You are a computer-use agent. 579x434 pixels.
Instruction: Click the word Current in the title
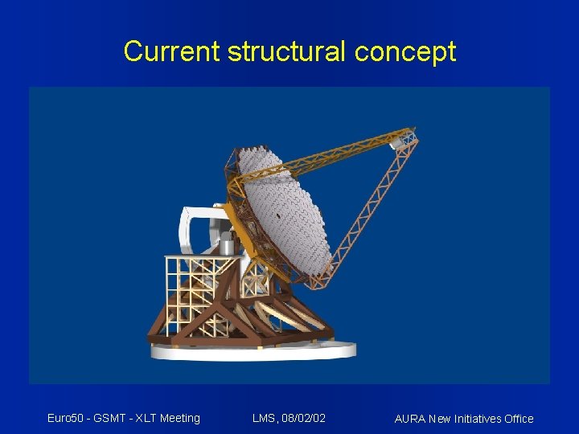pos(172,51)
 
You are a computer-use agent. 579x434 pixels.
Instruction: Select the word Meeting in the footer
pos(180,418)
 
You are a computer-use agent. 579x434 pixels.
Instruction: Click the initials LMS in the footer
pos(264,418)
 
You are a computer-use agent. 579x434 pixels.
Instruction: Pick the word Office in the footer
pos(518,419)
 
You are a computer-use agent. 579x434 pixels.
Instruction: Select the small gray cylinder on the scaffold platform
pos(228,245)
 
